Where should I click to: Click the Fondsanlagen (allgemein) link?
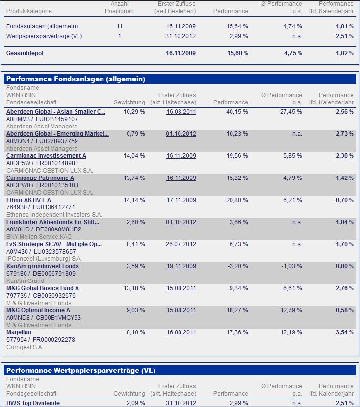(42, 26)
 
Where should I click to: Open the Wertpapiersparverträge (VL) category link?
(44, 36)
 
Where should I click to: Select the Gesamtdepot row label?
(25, 53)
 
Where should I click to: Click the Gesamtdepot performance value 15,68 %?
(237, 53)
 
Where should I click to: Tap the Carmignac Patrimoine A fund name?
(40, 178)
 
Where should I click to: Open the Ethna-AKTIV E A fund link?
(28, 200)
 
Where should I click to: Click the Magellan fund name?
(18, 332)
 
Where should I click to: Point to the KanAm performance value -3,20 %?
(238, 266)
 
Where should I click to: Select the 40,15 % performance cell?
(237, 112)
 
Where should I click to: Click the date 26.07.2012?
(181, 244)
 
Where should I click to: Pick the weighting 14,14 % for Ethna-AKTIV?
(134, 200)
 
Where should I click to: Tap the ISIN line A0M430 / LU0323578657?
(41, 252)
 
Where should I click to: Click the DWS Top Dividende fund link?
(33, 403)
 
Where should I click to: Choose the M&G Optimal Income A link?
(38, 310)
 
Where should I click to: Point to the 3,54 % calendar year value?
(344, 332)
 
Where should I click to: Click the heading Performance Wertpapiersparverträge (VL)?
(81, 371)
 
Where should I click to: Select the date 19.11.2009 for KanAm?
(181, 266)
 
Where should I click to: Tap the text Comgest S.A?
(25, 347)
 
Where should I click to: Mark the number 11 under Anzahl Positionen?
(120, 26)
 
